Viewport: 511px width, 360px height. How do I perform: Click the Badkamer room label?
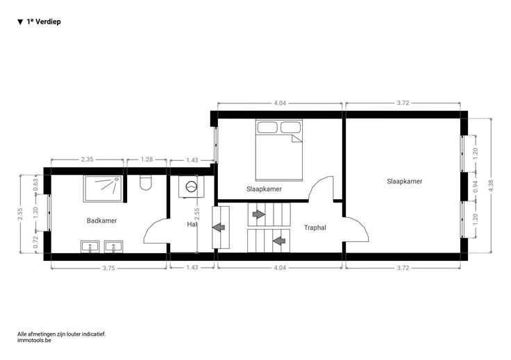tap(101, 221)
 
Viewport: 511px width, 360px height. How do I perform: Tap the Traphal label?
tap(315, 228)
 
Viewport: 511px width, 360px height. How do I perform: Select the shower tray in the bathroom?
tap(103, 189)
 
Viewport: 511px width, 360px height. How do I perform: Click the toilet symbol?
tap(145, 182)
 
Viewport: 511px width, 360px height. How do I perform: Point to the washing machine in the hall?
tap(191, 187)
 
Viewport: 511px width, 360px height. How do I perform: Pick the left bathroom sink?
tap(90, 246)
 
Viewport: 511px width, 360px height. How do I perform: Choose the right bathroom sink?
tap(113, 246)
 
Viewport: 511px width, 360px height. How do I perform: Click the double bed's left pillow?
tap(267, 127)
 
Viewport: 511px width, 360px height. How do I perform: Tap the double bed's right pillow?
tap(290, 127)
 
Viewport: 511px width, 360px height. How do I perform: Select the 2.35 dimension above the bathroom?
tap(87, 159)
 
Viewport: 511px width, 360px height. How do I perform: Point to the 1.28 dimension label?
tap(146, 159)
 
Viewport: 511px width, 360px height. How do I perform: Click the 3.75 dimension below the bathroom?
tap(108, 268)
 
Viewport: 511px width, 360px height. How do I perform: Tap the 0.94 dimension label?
tap(475, 187)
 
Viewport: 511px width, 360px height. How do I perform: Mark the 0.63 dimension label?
tap(36, 185)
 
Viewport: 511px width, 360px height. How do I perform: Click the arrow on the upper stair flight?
tap(259, 214)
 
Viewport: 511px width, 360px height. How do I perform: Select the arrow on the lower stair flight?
tap(279, 241)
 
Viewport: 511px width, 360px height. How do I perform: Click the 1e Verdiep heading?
tap(44, 22)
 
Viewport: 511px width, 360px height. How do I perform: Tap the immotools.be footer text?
tap(34, 340)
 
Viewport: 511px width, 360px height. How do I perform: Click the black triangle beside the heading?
tap(20, 22)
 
